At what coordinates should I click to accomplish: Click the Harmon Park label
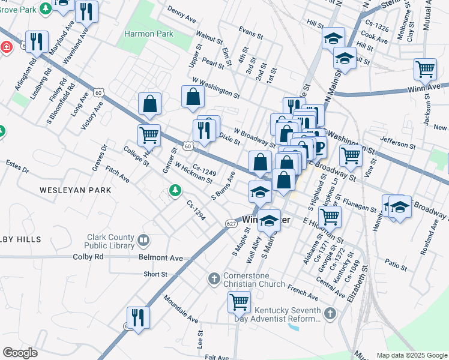[x=148, y=34]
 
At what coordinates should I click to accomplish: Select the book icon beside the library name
[x=143, y=241]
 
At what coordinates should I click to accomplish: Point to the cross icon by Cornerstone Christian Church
[x=214, y=278]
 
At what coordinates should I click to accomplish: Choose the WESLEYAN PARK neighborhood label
[x=76, y=190]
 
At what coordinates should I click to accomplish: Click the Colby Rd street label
[x=88, y=257]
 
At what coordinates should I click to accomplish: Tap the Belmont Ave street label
[x=160, y=258]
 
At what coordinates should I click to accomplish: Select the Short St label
[x=155, y=274]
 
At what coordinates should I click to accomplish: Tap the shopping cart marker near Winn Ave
[x=425, y=69]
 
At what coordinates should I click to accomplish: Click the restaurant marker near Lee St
[x=138, y=318]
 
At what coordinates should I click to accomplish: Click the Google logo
[x=20, y=353]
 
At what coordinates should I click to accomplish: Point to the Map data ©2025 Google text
[x=411, y=355]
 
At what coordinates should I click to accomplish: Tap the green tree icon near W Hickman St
[x=175, y=190]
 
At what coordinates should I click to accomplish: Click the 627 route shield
[x=231, y=224]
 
